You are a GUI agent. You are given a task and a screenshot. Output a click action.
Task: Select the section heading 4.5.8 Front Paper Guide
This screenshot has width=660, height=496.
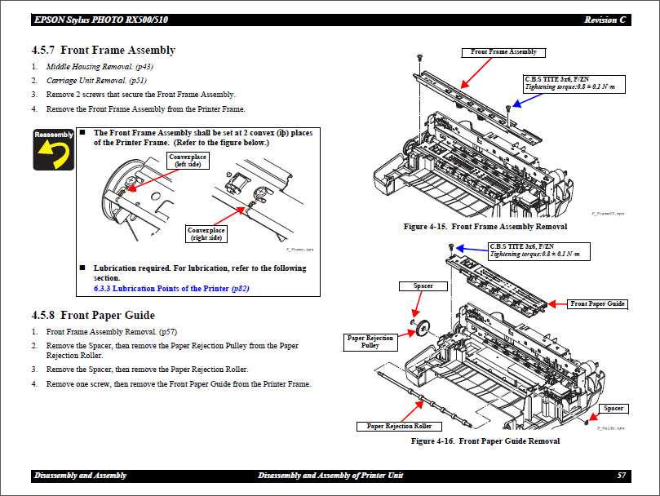click(x=93, y=315)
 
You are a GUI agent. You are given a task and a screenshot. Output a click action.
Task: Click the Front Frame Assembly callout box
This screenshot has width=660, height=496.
click(x=503, y=52)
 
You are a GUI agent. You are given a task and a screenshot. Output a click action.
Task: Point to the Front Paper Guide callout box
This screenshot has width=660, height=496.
click(x=597, y=303)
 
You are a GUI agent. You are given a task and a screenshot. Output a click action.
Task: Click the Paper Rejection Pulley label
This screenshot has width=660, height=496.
click(x=370, y=341)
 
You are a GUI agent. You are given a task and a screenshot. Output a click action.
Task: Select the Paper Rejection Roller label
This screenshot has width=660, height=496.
click(x=399, y=426)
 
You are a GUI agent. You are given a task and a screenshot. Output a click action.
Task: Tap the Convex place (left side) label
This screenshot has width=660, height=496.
click(x=187, y=159)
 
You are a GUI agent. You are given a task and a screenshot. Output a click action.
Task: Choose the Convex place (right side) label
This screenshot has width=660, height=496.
click(x=206, y=234)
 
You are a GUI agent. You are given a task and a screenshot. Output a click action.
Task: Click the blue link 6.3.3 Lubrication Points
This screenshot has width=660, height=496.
click(x=180, y=288)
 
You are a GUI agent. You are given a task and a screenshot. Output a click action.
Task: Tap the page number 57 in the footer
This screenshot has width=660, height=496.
click(x=622, y=476)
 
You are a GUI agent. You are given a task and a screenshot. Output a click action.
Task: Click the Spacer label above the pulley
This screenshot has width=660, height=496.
click(x=423, y=286)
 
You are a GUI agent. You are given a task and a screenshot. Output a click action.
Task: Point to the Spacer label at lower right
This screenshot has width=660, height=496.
click(x=613, y=408)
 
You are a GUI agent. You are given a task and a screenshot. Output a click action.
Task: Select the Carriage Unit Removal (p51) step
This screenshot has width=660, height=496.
click(x=96, y=81)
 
